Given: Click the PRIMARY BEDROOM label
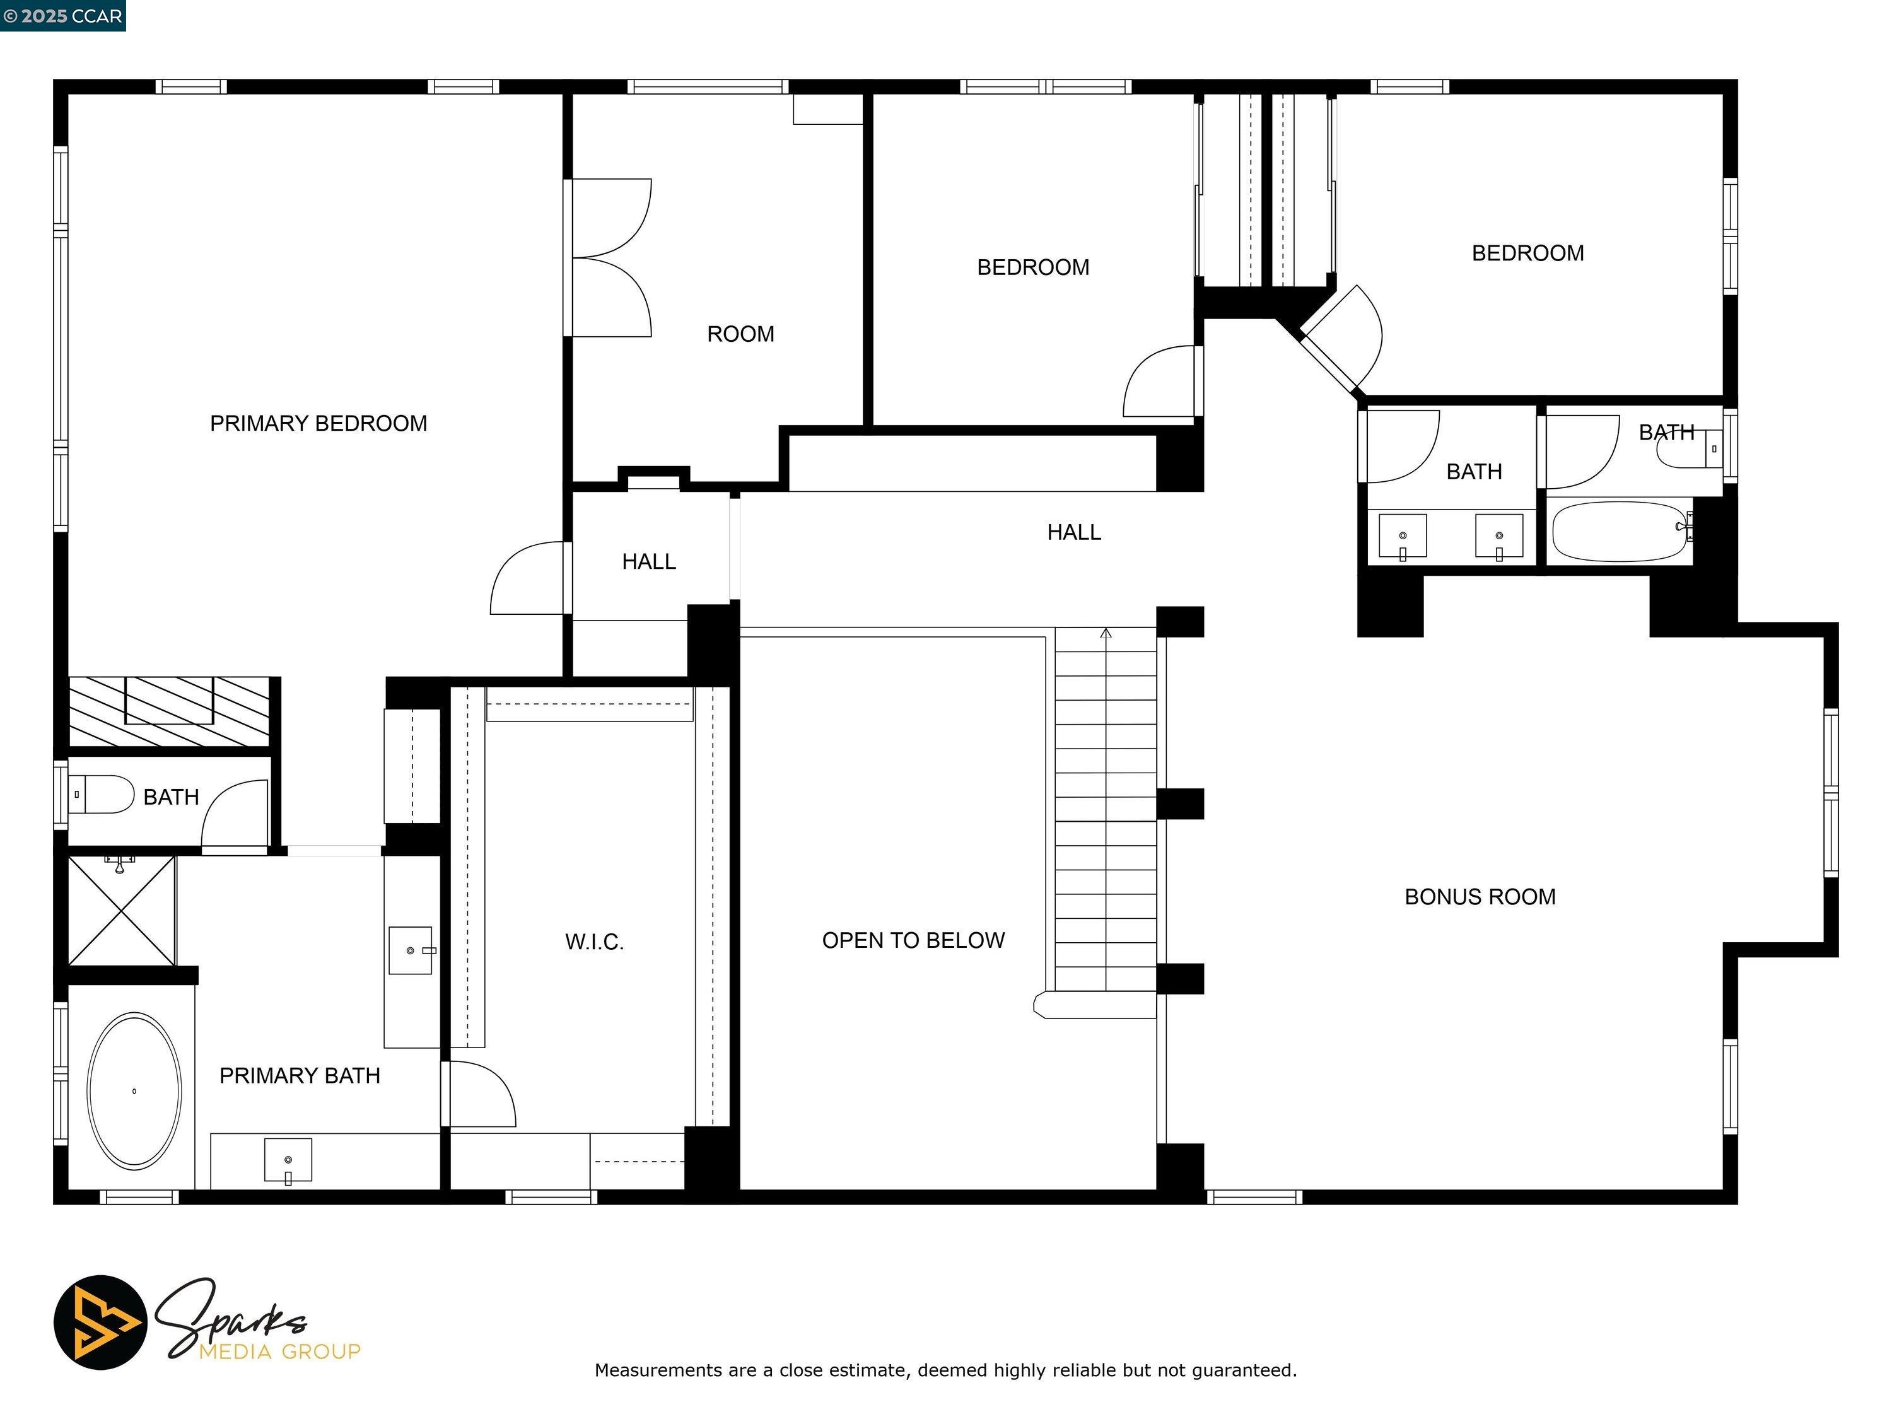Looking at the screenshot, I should [318, 423].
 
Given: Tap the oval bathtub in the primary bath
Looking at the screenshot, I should [134, 1092].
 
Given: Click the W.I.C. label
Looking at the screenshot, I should [595, 942].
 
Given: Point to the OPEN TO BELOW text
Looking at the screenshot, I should [913, 940].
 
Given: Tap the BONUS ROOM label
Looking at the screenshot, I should [1480, 896].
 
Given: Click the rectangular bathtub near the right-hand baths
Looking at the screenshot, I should [1620, 531].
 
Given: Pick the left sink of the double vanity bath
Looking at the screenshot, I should [1403, 536].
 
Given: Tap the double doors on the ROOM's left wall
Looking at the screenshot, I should [609, 257].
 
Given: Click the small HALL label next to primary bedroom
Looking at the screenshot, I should [648, 561].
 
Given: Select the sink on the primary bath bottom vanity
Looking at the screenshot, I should [288, 1160].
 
